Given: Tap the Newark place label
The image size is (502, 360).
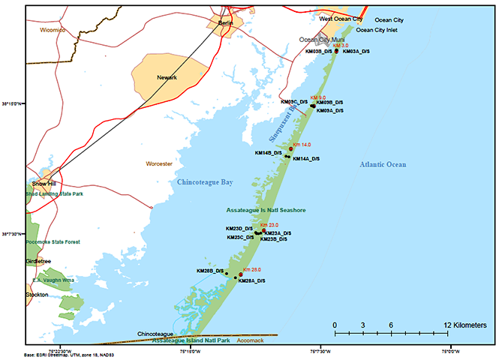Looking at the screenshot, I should (167, 78).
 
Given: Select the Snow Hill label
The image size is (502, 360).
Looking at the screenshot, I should (42, 184).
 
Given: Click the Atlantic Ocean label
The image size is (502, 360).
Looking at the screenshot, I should (381, 164).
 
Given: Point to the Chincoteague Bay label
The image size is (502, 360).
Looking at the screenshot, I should (205, 182).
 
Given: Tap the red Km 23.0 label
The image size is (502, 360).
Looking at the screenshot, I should (269, 225).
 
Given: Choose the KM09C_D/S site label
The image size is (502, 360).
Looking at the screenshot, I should (294, 101).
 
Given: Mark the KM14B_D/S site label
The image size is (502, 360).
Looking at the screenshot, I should (268, 153).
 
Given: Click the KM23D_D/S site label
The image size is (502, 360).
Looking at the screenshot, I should (239, 229).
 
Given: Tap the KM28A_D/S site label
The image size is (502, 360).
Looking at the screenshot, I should (251, 281).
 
